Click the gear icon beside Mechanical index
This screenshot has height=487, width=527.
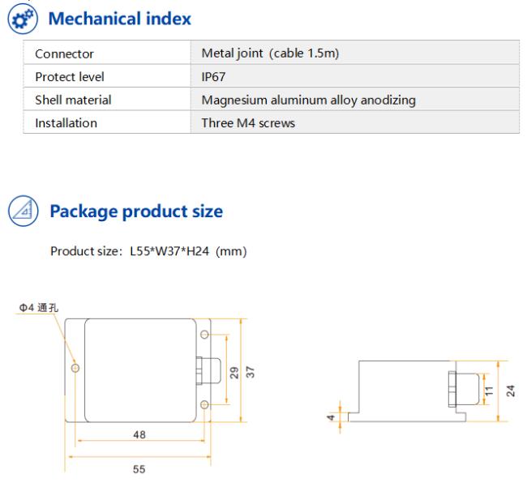click(23, 19)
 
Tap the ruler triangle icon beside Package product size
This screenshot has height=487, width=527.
click(24, 211)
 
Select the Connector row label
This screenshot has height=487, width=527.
click(64, 53)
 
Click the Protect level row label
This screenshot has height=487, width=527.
click(70, 77)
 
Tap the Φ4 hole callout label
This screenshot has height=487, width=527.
click(39, 307)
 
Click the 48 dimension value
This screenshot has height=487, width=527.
click(139, 434)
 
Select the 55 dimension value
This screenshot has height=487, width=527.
click(139, 469)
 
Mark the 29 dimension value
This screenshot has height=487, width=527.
click(234, 373)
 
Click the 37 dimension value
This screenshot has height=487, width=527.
click(251, 372)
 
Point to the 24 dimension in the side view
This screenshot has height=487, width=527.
click(511, 391)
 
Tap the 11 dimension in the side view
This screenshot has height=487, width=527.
click(489, 391)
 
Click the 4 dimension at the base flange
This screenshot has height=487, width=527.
click(331, 417)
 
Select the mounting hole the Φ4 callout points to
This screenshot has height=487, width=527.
click(75, 368)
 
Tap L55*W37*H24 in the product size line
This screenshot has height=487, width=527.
click(169, 251)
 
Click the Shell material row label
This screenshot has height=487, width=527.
click(73, 100)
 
